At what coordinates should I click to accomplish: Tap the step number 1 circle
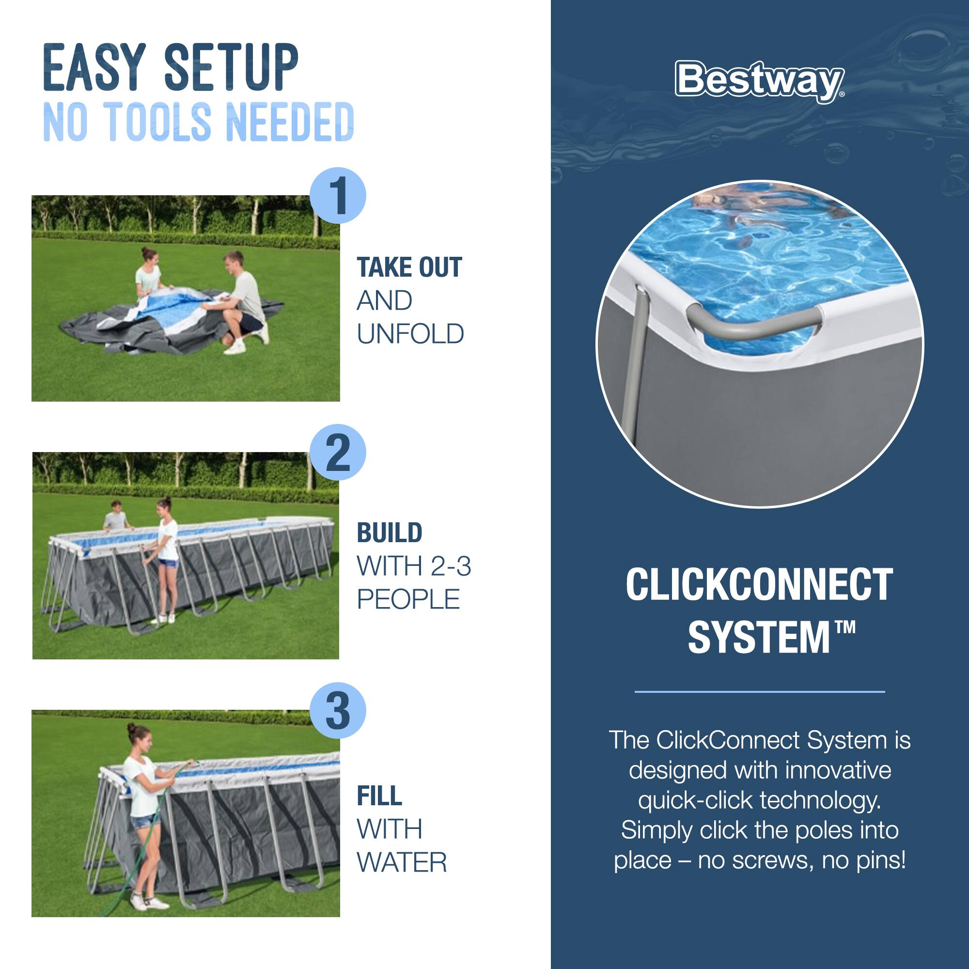point(338,196)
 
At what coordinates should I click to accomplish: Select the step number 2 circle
point(338,453)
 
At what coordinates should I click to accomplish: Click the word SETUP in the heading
point(231,69)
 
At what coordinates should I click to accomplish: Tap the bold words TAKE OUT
point(409,267)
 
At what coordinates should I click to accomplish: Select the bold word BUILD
point(389,532)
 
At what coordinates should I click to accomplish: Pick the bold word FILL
point(379,796)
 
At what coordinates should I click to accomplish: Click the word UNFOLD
point(410,334)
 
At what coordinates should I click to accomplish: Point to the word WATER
point(401,862)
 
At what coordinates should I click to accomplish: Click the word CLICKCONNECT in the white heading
point(759,585)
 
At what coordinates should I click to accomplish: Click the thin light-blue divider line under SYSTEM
point(759,692)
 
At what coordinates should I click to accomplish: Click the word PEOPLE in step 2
point(408,599)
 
